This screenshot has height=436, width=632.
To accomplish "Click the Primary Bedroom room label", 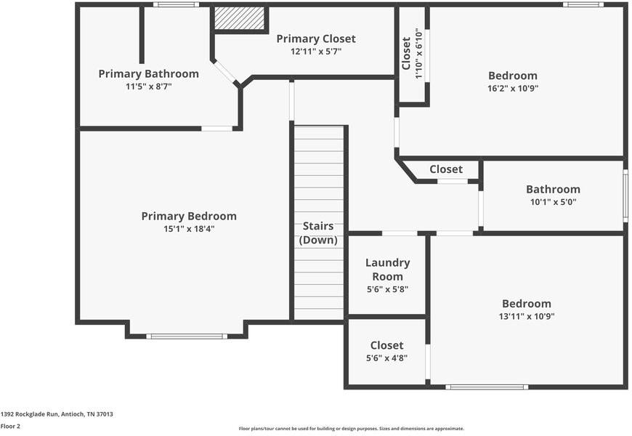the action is click(189, 217).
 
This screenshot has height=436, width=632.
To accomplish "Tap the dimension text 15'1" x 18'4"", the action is click(189, 229).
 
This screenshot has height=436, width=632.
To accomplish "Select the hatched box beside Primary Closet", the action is click(239, 18).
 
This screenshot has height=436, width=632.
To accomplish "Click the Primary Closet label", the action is click(316, 39).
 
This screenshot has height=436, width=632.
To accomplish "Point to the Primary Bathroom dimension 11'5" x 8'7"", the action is click(149, 86).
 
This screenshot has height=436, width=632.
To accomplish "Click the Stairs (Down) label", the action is click(318, 233).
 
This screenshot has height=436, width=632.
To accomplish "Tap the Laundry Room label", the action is click(387, 270).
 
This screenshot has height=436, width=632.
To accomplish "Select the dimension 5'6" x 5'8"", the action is click(387, 289).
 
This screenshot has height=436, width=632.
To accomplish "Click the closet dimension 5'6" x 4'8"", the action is click(387, 358).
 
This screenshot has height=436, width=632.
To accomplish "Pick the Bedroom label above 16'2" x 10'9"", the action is click(513, 76).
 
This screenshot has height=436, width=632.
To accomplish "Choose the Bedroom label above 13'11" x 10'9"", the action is click(527, 303).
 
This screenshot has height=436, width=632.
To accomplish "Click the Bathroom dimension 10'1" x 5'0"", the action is click(553, 202).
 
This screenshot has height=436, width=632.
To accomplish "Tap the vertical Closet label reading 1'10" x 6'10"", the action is click(413, 54).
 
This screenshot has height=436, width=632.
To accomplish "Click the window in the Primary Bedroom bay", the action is click(187, 336).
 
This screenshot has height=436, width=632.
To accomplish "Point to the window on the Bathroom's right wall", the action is click(625, 195).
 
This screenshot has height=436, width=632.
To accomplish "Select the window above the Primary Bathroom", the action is click(176, 4).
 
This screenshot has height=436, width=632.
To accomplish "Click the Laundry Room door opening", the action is click(400, 233).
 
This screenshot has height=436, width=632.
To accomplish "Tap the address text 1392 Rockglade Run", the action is click(31, 414).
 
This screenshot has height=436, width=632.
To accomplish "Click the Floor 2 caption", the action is click(10, 427).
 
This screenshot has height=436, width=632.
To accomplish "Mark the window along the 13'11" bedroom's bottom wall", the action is click(487, 387).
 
